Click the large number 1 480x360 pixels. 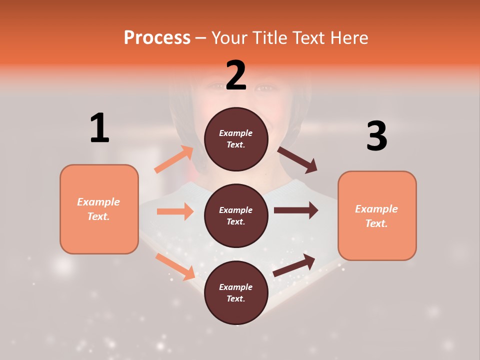coord(100,128)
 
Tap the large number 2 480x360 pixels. coord(236,75)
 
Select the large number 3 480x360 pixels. coord(376,136)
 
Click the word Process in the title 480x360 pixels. coord(157,37)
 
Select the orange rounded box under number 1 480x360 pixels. coord(99,209)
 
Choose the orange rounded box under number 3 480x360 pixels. coord(377,215)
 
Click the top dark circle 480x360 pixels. coord(236,139)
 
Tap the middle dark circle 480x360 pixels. coord(236,215)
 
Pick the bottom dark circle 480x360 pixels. coord(236,292)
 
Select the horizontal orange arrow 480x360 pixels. coord(175,211)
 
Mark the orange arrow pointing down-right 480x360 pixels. coord(175,266)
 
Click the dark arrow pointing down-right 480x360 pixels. coord(297,160)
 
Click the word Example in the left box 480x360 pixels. coord(98,202)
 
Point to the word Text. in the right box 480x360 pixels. coord(376,223)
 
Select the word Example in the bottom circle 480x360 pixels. coord(236,287)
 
